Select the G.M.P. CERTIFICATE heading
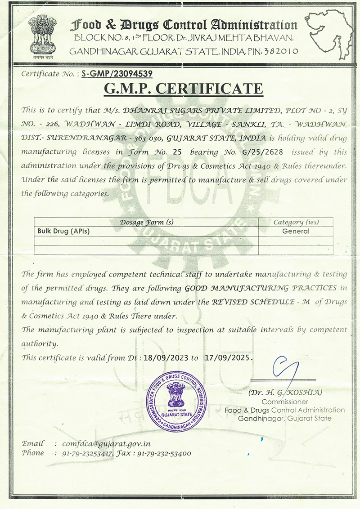183,89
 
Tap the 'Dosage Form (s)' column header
147,222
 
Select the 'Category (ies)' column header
296,222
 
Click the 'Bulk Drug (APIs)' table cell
63,231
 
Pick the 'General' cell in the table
296,231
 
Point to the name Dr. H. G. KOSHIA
285,393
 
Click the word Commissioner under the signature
285,402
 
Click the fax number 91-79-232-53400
164,453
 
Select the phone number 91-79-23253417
87,453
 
